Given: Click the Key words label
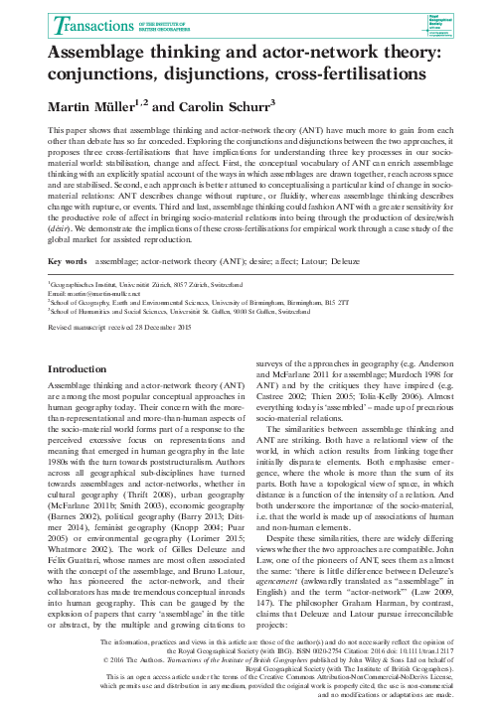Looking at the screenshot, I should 68,262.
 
